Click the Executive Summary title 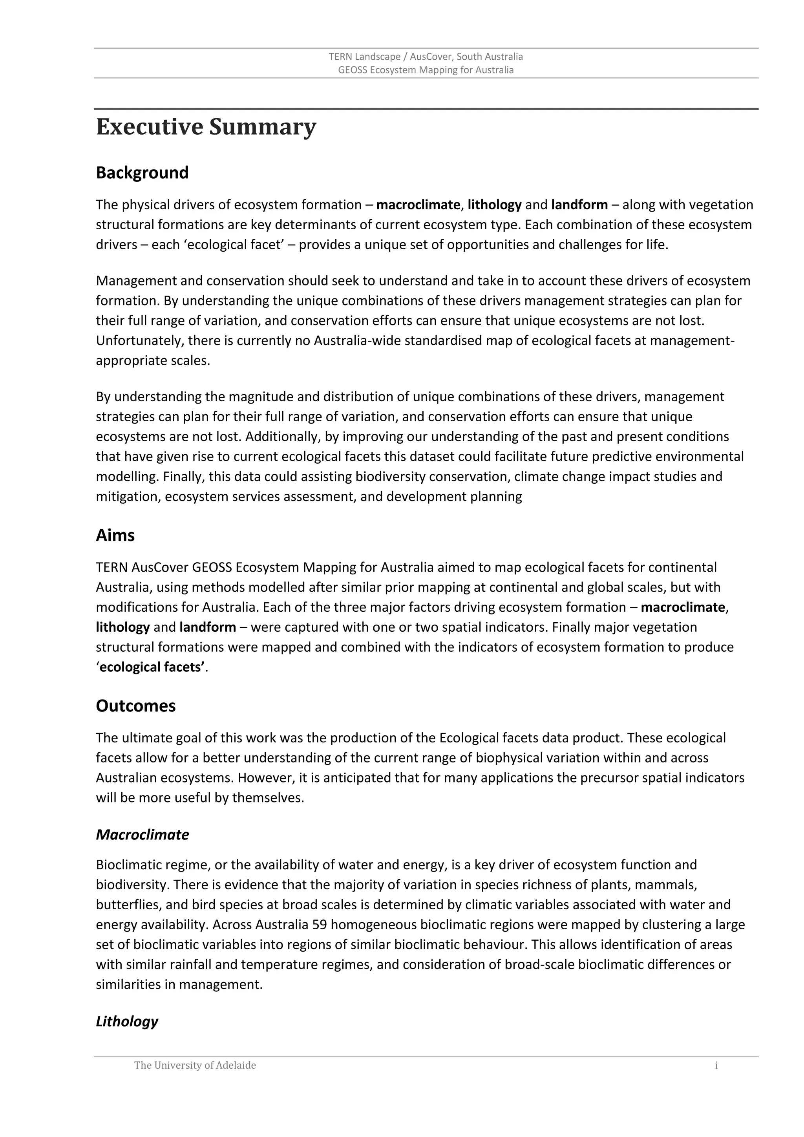[x=206, y=127]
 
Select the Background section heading [x=142, y=173]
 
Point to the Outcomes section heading [x=136, y=706]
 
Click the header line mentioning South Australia [x=426, y=57]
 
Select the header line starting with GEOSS [x=426, y=70]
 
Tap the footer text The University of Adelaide [x=195, y=1065]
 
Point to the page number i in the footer [x=716, y=1065]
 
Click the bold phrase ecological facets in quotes [x=152, y=667]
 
